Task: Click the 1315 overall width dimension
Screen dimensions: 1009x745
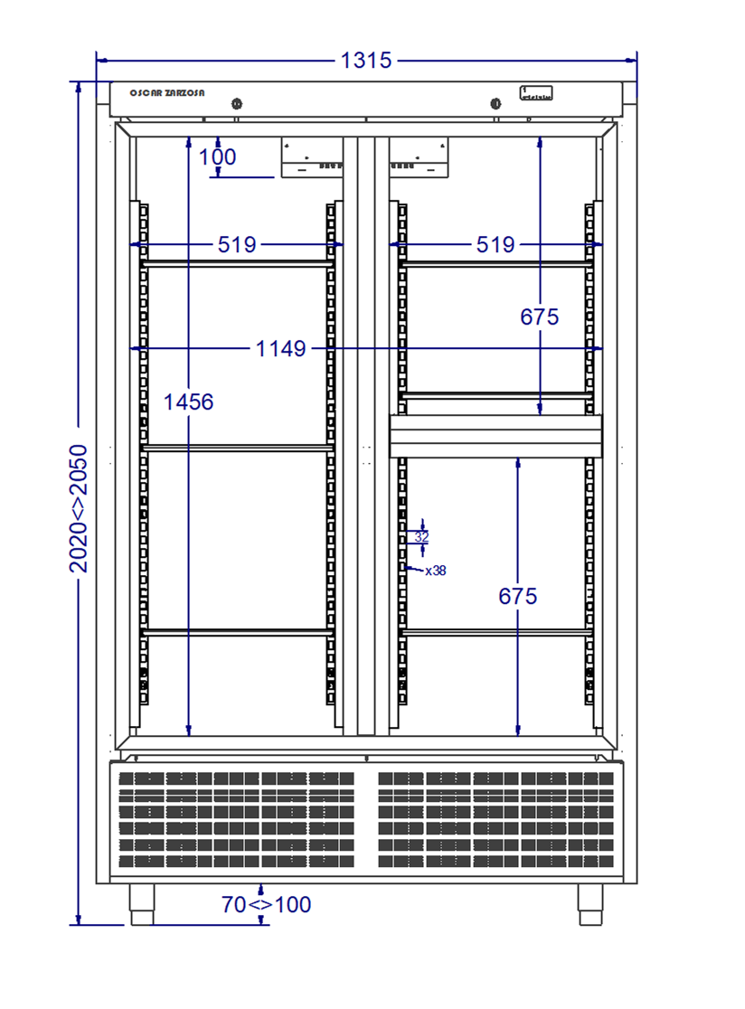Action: [x=366, y=61]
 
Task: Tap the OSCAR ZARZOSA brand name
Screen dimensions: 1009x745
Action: [x=167, y=93]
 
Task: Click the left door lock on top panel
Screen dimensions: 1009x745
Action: [x=237, y=103]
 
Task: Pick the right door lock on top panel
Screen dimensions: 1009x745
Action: [x=495, y=103]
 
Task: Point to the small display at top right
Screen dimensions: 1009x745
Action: [x=536, y=92]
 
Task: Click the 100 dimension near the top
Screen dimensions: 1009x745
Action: [x=218, y=157]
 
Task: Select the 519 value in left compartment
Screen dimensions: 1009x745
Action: [x=237, y=244]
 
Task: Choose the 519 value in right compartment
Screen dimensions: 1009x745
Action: [x=495, y=244]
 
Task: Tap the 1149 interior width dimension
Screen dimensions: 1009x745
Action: [x=281, y=348]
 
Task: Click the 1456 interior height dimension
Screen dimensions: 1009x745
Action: [x=188, y=401]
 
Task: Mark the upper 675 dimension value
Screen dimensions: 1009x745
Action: [x=540, y=316]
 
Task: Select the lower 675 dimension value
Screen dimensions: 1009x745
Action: [x=518, y=597]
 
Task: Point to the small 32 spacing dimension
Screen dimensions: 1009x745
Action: [x=421, y=536]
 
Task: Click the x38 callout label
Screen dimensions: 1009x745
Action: [x=435, y=571]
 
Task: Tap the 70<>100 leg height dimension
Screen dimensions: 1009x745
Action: [x=267, y=904]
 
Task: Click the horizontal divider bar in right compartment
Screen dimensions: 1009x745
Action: [x=495, y=437]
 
